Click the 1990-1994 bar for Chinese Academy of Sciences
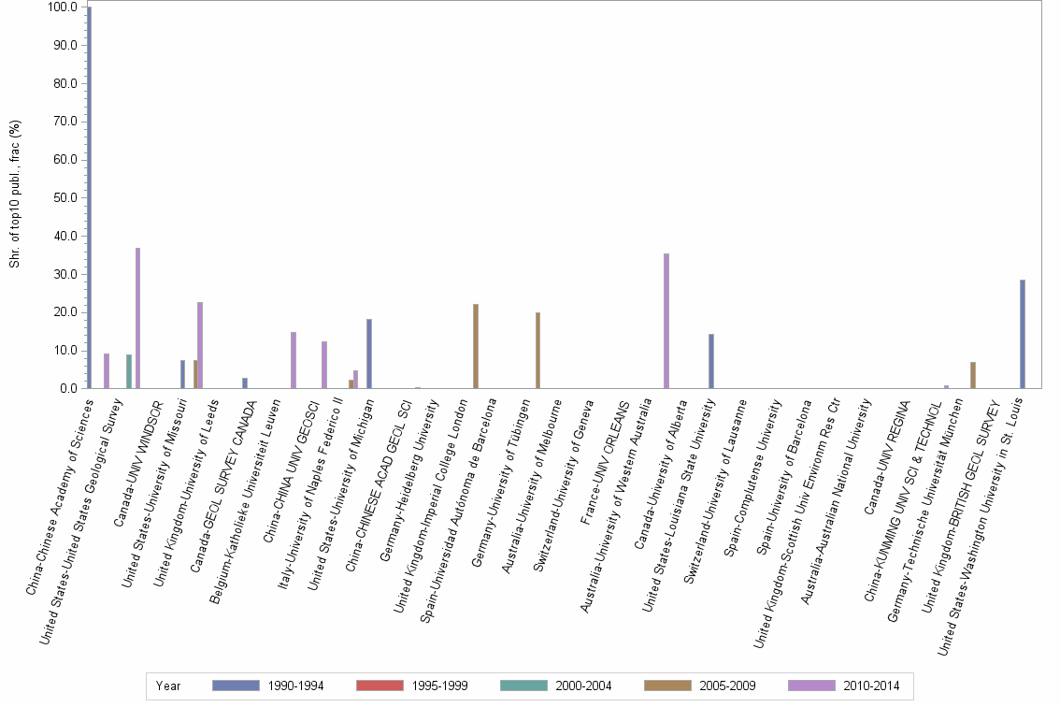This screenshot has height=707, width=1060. click(90, 197)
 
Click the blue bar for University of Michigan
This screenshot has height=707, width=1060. click(369, 353)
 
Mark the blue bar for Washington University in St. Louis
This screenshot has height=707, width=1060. click(1023, 334)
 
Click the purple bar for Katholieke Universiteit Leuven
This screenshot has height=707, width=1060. click(294, 360)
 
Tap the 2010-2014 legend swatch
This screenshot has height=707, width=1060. click(812, 685)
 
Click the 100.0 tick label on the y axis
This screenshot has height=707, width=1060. click(63, 7)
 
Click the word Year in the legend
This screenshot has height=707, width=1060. click(169, 685)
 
